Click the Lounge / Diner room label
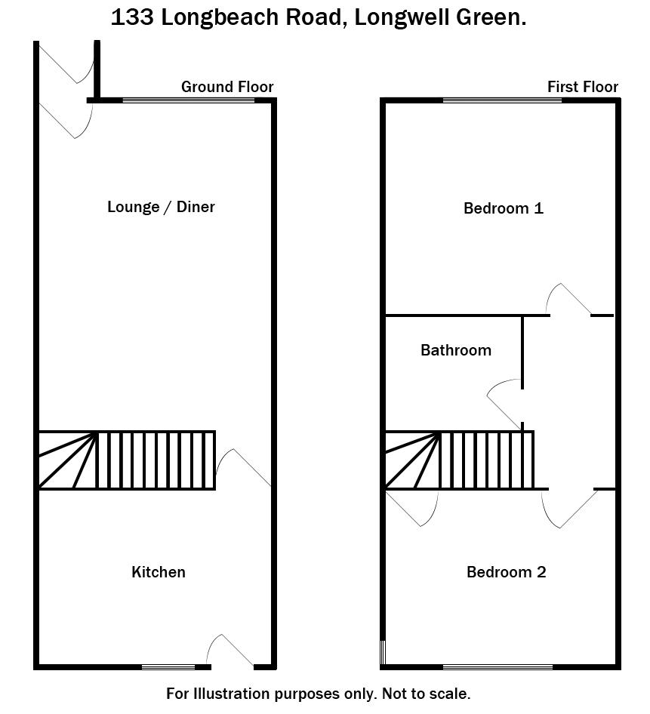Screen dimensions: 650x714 [x=161, y=207]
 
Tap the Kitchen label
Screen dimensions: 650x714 [x=159, y=572]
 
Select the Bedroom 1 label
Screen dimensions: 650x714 [x=503, y=208]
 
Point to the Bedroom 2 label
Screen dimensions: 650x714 [x=506, y=572]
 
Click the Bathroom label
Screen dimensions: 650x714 [x=456, y=350]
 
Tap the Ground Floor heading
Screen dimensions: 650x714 [x=227, y=87]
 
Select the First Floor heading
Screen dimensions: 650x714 [x=582, y=87]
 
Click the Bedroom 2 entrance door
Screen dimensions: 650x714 [x=568, y=508]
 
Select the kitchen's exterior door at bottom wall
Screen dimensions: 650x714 [x=232, y=651]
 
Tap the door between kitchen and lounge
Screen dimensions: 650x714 [x=244, y=469]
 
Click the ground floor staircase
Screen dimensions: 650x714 [x=127, y=460]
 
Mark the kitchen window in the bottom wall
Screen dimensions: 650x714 [x=168, y=666]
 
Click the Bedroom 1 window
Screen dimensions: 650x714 [x=502, y=100]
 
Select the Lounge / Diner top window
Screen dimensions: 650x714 [x=189, y=100]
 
